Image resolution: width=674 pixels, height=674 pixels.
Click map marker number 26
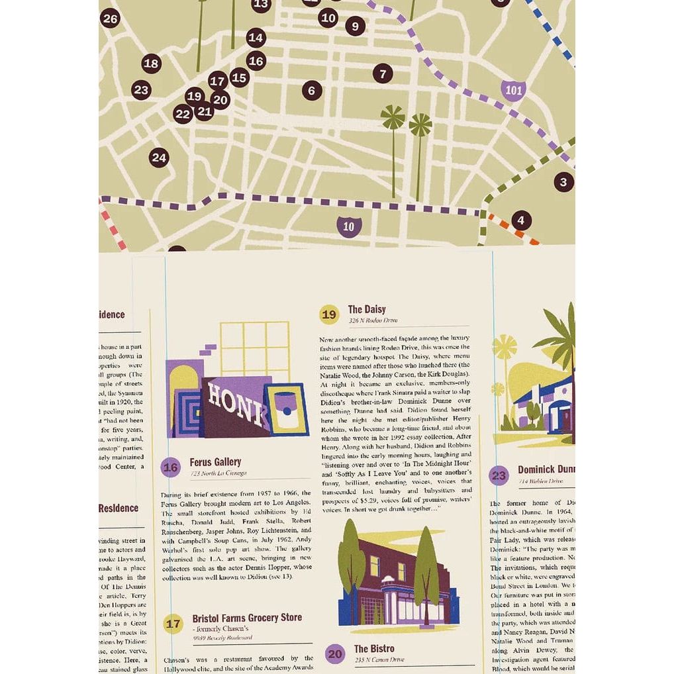[110, 19]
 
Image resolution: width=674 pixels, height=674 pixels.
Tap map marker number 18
[152, 64]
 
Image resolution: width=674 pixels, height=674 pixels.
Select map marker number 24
[159, 158]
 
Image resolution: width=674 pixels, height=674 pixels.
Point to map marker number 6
[312, 91]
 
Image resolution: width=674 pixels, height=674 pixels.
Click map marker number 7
[383, 73]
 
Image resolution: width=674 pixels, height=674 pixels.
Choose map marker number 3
[563, 181]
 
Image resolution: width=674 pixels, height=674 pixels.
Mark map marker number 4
[521, 220]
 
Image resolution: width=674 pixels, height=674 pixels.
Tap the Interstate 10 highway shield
[348, 226]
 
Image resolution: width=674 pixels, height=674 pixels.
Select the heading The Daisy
[367, 309]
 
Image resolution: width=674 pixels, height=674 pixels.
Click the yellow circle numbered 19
[329, 314]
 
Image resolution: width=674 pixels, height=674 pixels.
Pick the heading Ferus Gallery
[215, 462]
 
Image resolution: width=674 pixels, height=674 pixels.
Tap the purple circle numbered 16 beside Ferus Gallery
[171, 467]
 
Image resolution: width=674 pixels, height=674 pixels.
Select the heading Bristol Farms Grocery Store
[247, 618]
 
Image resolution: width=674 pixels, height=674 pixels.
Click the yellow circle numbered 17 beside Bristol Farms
[173, 624]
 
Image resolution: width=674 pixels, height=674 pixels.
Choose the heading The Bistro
[374, 649]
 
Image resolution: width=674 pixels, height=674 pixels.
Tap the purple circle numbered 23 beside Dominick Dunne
[499, 475]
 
